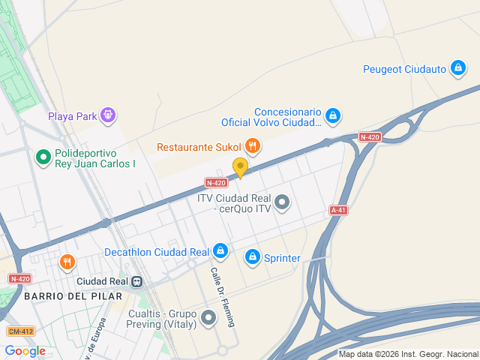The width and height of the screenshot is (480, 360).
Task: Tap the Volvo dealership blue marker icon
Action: (333, 116)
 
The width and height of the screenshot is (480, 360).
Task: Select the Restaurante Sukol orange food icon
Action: (252, 146)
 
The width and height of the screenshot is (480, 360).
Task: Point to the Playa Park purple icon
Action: (109, 115)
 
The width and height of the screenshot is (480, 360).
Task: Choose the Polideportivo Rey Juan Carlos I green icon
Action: (43, 157)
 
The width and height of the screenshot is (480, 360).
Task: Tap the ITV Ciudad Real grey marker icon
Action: (282, 202)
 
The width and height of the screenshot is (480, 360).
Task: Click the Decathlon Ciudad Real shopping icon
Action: (220, 251)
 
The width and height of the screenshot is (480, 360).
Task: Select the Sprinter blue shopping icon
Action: (252, 258)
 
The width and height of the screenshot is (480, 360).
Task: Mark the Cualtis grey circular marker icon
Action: (208, 319)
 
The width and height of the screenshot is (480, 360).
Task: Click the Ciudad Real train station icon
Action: (137, 281)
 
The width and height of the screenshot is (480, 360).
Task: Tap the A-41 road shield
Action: (338, 211)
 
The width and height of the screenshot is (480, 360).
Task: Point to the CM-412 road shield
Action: (20, 331)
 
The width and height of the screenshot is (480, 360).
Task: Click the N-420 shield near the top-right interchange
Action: (370, 137)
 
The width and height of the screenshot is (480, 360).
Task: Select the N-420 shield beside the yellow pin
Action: (216, 182)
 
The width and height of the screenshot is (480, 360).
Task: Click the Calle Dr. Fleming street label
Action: (223, 298)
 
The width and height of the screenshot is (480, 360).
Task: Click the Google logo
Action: (25, 351)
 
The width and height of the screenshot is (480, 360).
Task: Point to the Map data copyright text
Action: (408, 355)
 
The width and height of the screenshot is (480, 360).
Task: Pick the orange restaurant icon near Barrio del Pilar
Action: (67, 262)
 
